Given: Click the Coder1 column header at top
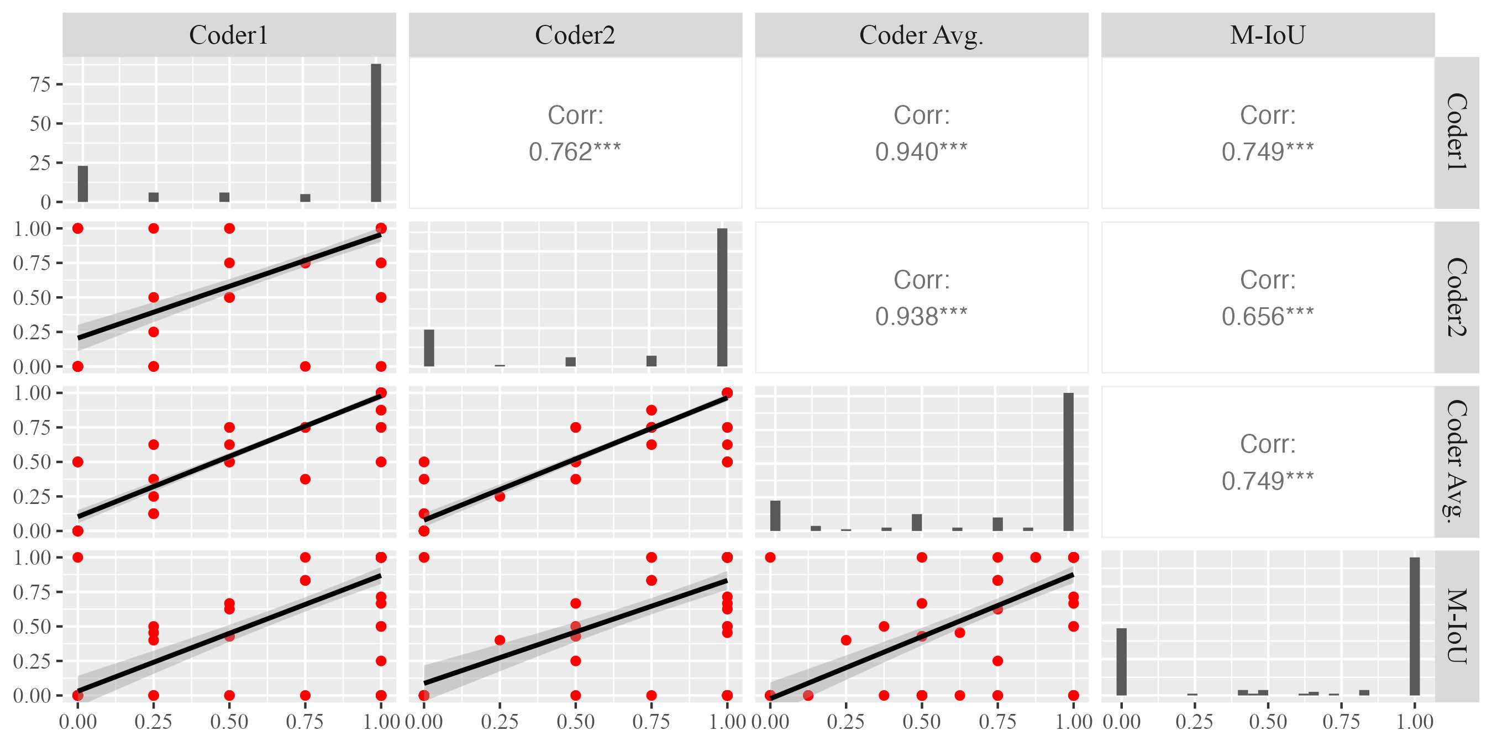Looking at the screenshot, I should [x=229, y=35].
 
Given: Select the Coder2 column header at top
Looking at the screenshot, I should [x=575, y=35].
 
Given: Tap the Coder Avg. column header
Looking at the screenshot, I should [x=921, y=35].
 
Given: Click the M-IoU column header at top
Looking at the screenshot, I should [x=1267, y=35].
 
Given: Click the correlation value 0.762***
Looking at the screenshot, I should [x=575, y=152].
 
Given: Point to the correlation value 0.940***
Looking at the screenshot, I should [x=921, y=152].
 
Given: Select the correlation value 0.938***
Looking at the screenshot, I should [x=921, y=316].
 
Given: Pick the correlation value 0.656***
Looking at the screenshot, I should [x=1267, y=316].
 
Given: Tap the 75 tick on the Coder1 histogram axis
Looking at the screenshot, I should [x=40, y=85].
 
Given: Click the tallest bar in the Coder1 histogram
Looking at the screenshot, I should [x=376, y=133].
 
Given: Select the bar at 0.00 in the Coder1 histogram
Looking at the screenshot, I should [x=83, y=183].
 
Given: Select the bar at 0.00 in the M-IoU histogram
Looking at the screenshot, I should [x=1121, y=661].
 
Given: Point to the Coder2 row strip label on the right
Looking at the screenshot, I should [x=1456, y=297].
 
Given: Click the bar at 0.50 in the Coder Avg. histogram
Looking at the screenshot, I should [x=917, y=522].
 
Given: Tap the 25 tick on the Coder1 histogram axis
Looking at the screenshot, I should [x=40, y=164].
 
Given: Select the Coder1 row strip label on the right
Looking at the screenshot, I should [x=1456, y=132].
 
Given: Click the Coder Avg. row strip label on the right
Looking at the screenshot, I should [x=1456, y=461].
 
